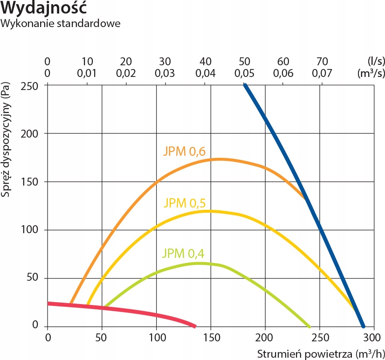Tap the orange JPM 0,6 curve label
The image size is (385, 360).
184,151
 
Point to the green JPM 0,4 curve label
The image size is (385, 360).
183,254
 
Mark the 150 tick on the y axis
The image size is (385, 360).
30,181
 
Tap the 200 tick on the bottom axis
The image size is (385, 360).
265,337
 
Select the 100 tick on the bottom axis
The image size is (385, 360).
156,337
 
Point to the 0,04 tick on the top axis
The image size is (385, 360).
206,73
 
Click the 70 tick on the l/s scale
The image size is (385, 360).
322,62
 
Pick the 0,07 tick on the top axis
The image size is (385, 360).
322,73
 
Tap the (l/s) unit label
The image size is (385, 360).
375,62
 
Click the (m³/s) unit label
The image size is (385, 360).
371,73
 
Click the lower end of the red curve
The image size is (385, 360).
195,326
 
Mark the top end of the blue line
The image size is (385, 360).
244,85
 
